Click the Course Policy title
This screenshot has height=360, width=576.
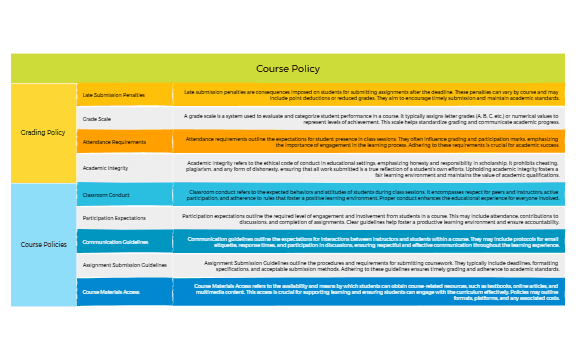pos(288,69)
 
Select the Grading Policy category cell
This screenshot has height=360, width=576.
pos(43,132)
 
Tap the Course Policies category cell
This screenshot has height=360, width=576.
pos(43,244)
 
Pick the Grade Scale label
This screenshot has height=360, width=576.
pos(97,119)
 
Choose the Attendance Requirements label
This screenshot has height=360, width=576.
pos(114,143)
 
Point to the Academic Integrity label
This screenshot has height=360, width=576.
pos(106,168)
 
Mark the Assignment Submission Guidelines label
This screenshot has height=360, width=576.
pos(124,266)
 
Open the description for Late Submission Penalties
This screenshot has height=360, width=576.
pos(371,95)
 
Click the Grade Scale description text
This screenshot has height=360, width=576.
pos(371,119)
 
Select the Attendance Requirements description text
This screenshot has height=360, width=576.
pos(371,143)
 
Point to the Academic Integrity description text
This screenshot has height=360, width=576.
pos(371,168)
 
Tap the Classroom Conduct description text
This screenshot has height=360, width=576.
pos(371,193)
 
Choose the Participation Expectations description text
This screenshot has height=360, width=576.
pos(371,217)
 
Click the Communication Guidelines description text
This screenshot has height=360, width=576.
pos(371,241)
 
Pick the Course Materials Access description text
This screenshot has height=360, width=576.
pos(371,291)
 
